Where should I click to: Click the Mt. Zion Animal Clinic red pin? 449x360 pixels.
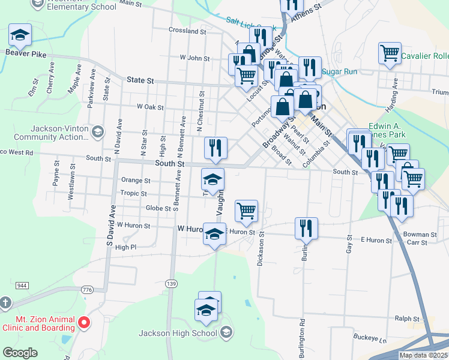pyautogui.click(x=84, y=323)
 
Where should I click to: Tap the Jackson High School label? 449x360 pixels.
pyautogui.click(x=178, y=333)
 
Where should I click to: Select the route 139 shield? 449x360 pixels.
pyautogui.click(x=172, y=283)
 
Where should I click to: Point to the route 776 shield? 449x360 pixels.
pyautogui.click(x=88, y=290)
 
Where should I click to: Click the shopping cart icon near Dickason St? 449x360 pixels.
pyautogui.click(x=246, y=211)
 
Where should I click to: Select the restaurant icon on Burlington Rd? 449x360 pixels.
pyautogui.click(x=306, y=227)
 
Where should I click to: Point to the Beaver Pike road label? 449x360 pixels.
pyautogui.click(x=26, y=52)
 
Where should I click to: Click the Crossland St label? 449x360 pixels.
pyautogui.click(x=187, y=30)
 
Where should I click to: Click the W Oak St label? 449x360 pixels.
pyautogui.click(x=150, y=107)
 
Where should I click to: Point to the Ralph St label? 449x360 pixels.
pyautogui.click(x=407, y=319)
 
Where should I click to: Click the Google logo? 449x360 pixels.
pyautogui.click(x=20, y=353)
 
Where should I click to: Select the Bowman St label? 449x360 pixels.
pyautogui.click(x=420, y=235)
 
